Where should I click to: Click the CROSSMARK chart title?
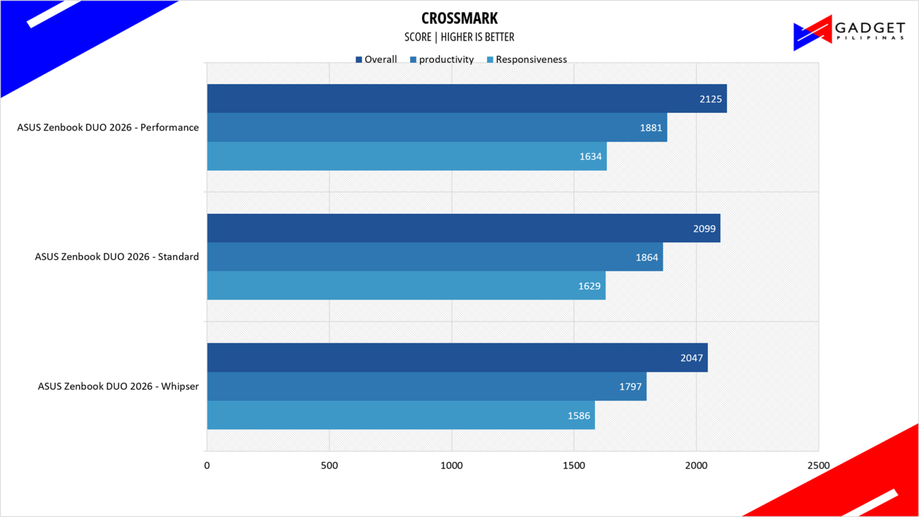(459, 18)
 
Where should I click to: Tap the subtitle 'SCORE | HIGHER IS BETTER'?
(459, 37)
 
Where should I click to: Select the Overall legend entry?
(376, 59)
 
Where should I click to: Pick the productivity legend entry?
(442, 59)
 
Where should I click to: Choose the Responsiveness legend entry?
(527, 59)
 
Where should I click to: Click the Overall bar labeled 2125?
(467, 99)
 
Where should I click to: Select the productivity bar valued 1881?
(437, 127)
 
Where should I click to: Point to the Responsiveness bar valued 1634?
(407, 156)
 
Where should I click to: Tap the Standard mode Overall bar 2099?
(464, 228)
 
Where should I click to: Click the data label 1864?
(647, 258)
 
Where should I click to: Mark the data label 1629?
(589, 286)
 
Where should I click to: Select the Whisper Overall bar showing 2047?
(458, 358)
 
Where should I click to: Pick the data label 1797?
(630, 387)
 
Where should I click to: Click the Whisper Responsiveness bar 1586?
(401, 416)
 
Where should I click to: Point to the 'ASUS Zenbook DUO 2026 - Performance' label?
(108, 127)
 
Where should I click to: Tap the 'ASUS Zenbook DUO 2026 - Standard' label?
(117, 257)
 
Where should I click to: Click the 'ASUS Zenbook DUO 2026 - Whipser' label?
(118, 386)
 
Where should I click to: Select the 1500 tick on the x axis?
(574, 465)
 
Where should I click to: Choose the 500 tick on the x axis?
(329, 465)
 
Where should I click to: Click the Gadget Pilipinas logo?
(849, 33)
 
